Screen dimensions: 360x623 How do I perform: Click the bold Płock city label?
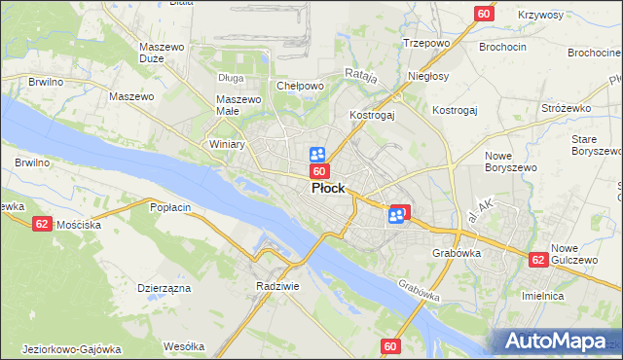tap(327, 189)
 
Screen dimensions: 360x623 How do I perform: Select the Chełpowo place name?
tap(300, 86)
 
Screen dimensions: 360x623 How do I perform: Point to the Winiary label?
tap(227, 144)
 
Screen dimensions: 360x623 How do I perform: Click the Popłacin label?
tap(169, 207)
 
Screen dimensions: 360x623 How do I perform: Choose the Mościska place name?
tap(80, 224)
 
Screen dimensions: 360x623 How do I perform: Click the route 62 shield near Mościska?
tap(41, 223)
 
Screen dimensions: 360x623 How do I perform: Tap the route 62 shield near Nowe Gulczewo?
tap(538, 260)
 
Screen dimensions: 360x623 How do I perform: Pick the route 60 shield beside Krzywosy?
tap(484, 13)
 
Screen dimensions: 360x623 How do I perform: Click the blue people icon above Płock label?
tap(317, 154)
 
